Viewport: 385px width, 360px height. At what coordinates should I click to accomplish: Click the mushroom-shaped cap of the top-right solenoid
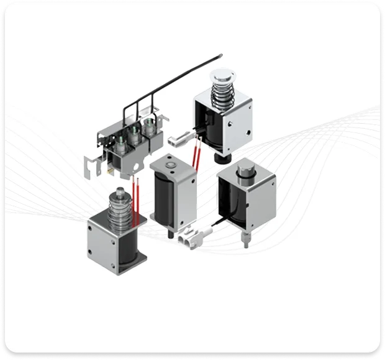222,76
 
